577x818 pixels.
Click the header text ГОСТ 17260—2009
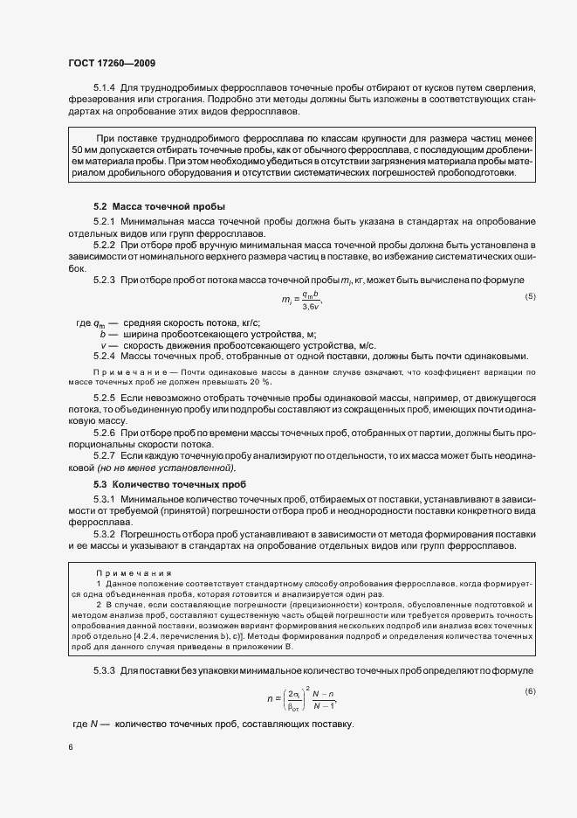point(112,62)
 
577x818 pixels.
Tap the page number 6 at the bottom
point(69,748)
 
